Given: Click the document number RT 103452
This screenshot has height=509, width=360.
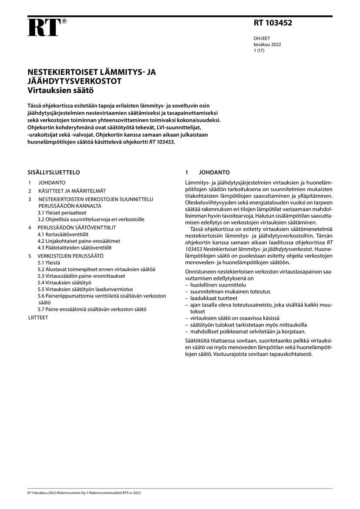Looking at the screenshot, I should (273, 23).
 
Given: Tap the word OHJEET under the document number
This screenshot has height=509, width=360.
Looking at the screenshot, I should (262, 38).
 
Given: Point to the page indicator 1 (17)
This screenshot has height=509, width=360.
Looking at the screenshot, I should (259, 51).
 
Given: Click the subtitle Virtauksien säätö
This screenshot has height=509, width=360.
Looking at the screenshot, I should (61, 91).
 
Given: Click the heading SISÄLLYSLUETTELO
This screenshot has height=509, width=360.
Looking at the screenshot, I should (54, 172).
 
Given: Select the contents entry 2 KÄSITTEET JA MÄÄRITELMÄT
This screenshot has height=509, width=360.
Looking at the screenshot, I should (67, 191).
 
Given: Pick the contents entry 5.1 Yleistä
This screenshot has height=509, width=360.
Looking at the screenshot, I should (49, 263).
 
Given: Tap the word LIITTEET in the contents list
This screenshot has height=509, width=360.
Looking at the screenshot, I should (38, 317).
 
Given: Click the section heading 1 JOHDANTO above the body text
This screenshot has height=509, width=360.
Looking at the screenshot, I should (208, 172).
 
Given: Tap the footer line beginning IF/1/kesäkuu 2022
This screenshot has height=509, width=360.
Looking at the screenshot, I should (84, 492).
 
